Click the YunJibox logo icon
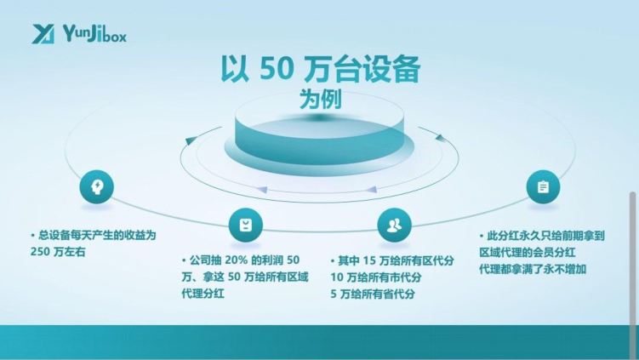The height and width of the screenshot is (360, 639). (43, 34)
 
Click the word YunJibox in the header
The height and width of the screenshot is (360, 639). (94, 33)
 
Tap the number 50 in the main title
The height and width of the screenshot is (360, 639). (277, 68)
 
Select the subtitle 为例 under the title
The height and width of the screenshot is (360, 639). (320, 99)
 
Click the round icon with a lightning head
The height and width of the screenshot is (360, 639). (97, 186)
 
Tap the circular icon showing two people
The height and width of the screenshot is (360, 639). (394, 225)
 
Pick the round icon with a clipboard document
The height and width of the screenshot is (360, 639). (543, 187)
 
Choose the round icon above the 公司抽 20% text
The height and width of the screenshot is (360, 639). (245, 225)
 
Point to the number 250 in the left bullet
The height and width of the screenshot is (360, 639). (39, 252)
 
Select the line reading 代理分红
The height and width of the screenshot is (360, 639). (203, 294)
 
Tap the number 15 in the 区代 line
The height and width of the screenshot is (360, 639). (368, 260)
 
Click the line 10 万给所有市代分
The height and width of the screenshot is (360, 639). (376, 277)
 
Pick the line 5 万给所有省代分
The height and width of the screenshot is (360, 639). (373, 294)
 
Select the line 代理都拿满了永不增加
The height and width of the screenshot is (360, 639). (533, 269)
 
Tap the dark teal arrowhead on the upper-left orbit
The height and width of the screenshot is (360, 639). (191, 140)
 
